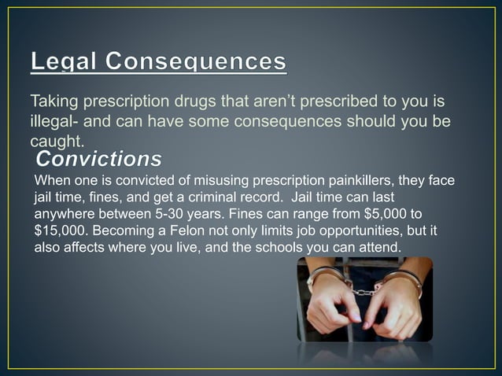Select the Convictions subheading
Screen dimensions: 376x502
pos(98,160)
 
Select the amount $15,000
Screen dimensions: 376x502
pos(65,231)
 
